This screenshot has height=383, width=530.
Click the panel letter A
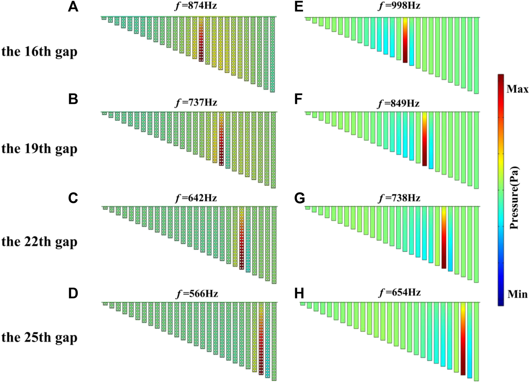click(73, 6)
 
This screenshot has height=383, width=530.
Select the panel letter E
click(299, 6)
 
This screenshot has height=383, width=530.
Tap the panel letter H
click(299, 294)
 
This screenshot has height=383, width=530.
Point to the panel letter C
click(73, 198)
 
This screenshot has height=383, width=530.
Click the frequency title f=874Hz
click(196, 6)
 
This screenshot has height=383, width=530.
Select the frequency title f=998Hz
click(399, 6)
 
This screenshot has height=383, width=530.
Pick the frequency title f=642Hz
click(196, 198)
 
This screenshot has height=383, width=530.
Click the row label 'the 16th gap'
click(39, 52)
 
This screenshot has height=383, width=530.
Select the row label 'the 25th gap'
click(39, 337)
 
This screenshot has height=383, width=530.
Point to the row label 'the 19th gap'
click(39, 149)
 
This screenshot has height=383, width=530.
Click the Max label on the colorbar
click(517, 89)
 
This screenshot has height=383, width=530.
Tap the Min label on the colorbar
click(517, 294)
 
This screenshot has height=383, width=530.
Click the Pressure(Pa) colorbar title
click(514, 198)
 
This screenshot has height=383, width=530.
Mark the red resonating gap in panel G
click(444, 241)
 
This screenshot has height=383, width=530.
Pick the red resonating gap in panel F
click(424, 142)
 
